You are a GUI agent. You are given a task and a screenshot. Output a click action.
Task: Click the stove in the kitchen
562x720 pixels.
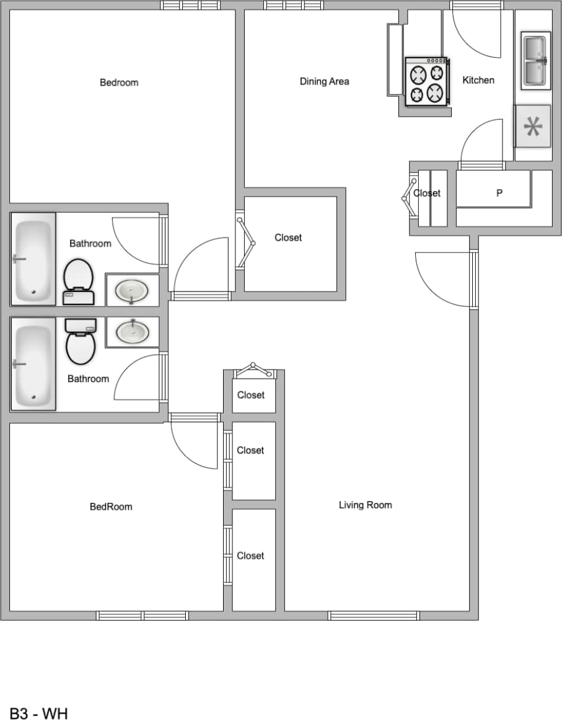427,81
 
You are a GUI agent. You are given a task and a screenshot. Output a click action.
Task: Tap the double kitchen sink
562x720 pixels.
535,60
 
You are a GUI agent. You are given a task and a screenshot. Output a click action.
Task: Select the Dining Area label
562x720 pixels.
324,81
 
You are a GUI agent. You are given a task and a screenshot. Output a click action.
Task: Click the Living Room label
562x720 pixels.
365,505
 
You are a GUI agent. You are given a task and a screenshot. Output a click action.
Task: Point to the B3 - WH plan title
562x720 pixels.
38,713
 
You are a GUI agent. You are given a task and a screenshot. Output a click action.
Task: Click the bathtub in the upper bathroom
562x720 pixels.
33,259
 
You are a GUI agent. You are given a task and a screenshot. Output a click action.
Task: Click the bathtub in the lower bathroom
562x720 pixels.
33,364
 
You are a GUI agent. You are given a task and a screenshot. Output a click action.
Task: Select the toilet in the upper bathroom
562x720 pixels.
78,282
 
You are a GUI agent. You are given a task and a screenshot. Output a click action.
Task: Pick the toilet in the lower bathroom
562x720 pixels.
81,341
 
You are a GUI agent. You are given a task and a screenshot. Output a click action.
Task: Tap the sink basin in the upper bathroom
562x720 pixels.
132,290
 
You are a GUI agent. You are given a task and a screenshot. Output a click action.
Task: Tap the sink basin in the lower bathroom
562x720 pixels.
132,332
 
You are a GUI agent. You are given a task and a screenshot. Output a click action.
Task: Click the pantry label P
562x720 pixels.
499,193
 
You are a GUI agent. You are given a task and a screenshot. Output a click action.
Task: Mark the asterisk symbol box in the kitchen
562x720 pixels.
533,126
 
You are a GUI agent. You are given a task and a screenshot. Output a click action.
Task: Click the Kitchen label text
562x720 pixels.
478,80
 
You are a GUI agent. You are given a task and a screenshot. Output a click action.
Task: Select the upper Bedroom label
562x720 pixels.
119,82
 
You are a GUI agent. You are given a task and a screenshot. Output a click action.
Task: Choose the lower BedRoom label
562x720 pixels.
111,507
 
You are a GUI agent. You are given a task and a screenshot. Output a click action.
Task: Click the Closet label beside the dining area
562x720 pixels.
288,238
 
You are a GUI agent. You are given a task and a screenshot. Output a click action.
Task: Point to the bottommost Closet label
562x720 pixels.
250,556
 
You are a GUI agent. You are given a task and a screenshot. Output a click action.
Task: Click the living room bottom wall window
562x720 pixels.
374,615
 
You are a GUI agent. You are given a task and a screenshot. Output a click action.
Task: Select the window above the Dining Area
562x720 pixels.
293,6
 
